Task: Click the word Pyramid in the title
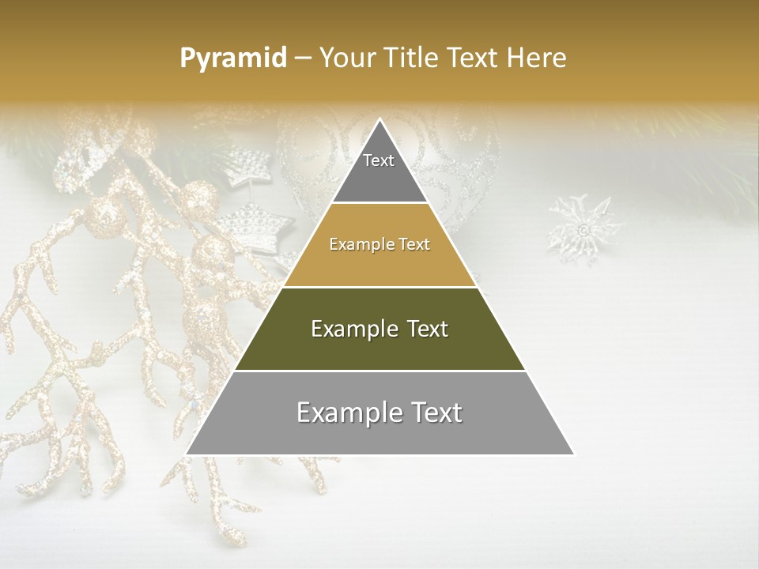(x=232, y=58)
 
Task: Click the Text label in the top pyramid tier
(x=379, y=160)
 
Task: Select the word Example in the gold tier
(x=358, y=245)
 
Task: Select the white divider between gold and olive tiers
(x=380, y=287)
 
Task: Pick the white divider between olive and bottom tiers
(x=380, y=371)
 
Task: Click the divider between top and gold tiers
(x=380, y=203)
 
